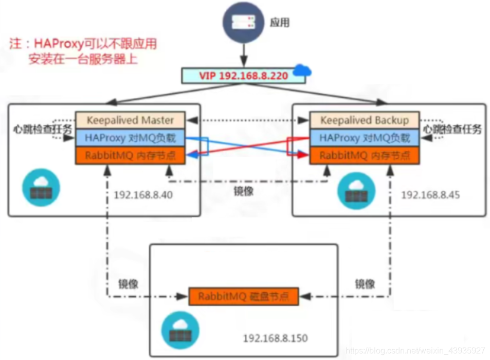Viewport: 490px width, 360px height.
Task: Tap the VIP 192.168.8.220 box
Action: pos(243,76)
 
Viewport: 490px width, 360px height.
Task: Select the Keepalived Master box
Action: pos(130,120)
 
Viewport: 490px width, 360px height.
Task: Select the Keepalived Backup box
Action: pos(364,120)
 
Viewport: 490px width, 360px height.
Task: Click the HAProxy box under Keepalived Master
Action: pos(130,138)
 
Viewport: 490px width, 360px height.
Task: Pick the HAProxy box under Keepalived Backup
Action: pos(364,138)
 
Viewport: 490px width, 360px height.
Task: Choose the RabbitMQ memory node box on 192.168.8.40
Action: pos(130,155)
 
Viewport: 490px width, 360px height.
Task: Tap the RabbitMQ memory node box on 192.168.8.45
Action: pos(364,155)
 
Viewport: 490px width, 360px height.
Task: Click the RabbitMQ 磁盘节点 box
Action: pos(243,296)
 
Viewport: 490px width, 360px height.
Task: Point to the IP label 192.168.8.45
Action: pos(430,195)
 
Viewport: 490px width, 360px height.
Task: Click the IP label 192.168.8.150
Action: pos(275,338)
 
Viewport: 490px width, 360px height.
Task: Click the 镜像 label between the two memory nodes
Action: pos(243,191)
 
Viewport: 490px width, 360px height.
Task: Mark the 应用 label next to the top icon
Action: pos(280,23)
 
